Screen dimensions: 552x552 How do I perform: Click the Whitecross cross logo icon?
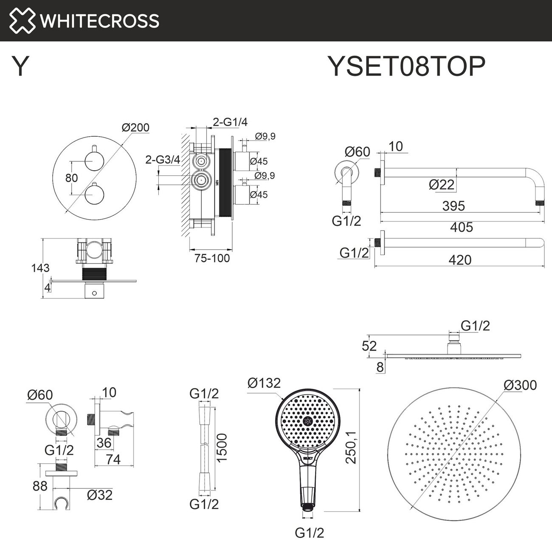[22, 21]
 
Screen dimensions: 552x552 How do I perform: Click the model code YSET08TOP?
[406, 66]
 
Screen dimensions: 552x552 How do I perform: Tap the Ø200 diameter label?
[135, 127]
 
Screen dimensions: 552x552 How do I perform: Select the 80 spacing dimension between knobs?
[71, 178]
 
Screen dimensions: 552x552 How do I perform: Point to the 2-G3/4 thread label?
[163, 160]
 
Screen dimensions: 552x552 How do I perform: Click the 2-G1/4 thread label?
[230, 122]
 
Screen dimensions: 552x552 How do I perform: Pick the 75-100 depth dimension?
[212, 258]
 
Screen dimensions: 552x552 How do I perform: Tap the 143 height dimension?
[40, 268]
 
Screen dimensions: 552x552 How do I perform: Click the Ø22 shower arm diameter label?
[442, 185]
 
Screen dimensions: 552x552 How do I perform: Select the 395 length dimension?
[453, 206]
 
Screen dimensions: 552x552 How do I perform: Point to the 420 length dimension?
[460, 260]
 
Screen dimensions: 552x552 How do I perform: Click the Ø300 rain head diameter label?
[520, 385]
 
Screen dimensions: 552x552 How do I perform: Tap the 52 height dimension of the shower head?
[369, 346]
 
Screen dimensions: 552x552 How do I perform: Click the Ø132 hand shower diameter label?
[264, 383]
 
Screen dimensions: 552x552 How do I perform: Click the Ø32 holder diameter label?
[99, 495]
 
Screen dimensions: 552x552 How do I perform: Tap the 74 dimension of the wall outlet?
[113, 460]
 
